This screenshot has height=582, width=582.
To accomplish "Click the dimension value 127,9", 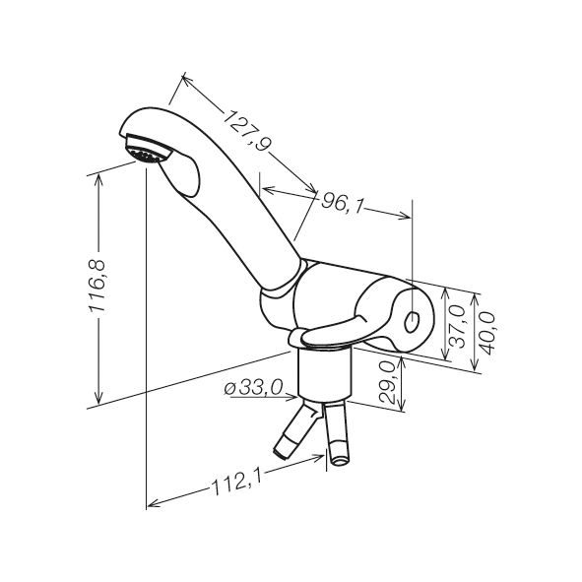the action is click(x=247, y=130).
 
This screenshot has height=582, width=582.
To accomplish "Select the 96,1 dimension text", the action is click(x=341, y=203).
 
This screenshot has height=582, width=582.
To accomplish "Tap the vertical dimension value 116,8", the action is click(x=98, y=286).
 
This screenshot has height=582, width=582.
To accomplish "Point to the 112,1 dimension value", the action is click(x=236, y=483).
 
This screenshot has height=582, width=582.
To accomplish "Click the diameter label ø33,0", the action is click(x=253, y=388).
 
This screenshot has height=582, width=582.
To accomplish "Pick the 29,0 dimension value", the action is click(x=387, y=382).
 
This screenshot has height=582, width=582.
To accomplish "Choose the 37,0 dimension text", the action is click(x=457, y=326).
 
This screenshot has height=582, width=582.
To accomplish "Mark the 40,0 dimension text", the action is click(x=486, y=333).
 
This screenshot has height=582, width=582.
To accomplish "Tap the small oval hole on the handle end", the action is click(x=412, y=321).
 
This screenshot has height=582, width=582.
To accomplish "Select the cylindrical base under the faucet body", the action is click(x=325, y=373).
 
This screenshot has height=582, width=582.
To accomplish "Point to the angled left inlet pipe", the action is click(x=296, y=430).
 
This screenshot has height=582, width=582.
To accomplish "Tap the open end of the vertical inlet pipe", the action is click(x=339, y=461).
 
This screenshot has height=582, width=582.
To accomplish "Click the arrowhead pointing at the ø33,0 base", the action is click(x=291, y=398).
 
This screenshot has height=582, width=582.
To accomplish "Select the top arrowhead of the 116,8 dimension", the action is click(x=98, y=181).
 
